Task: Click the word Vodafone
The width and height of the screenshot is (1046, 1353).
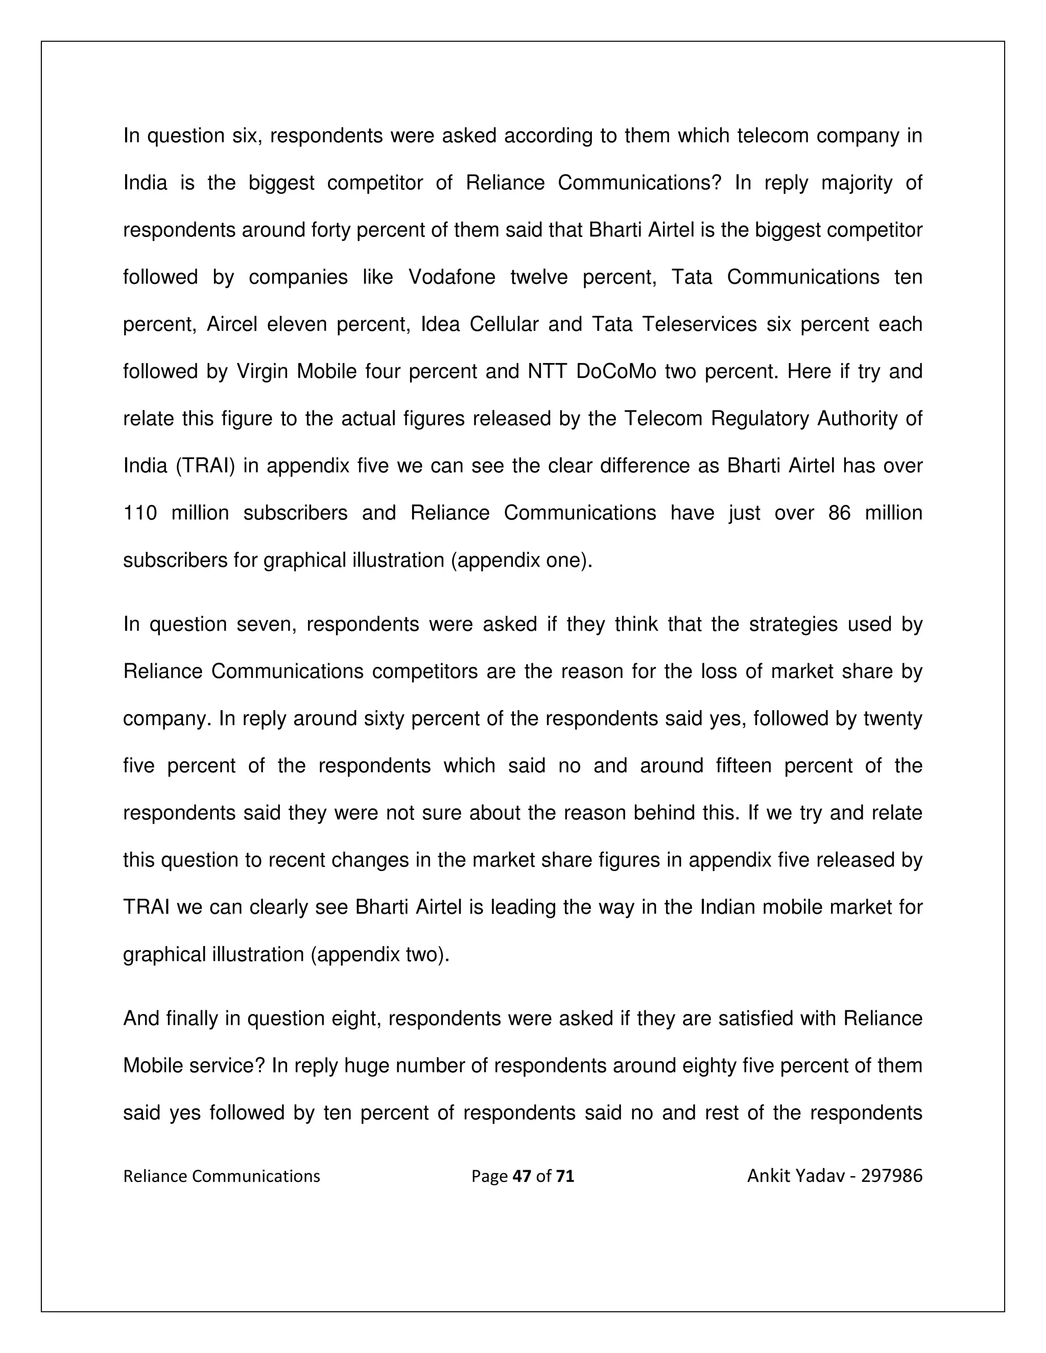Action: click(451, 277)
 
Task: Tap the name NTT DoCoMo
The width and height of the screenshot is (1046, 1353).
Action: click(591, 371)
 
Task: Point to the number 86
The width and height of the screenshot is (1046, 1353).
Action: click(839, 513)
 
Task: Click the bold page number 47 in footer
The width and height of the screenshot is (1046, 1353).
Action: click(522, 1176)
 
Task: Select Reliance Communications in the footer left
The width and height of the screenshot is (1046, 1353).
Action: click(221, 1176)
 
